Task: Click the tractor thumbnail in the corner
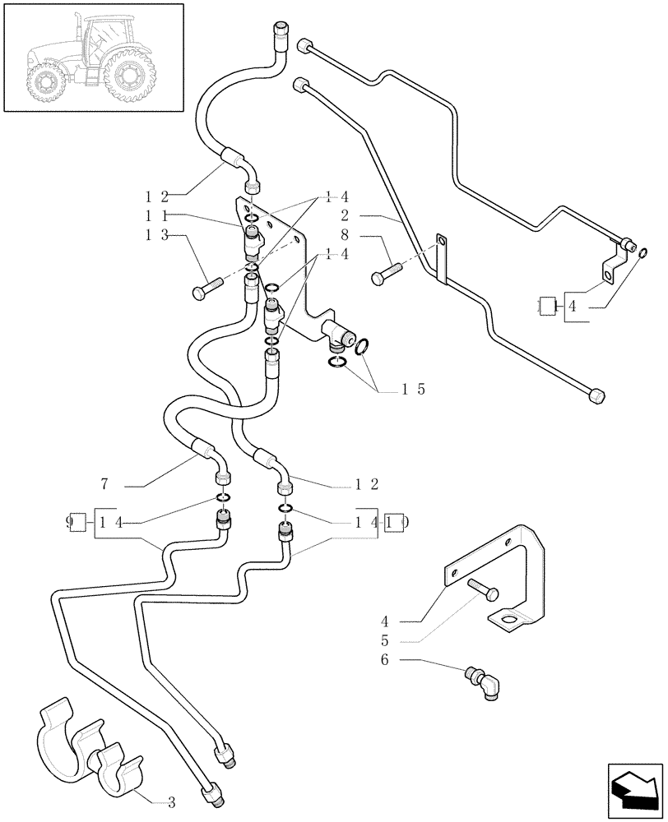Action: [x=92, y=58]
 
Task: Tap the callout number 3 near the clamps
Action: [x=170, y=801]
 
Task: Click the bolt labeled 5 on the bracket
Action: [x=481, y=589]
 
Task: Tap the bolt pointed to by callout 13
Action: [x=206, y=287]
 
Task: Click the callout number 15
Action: [x=412, y=390]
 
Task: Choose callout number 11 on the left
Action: [x=156, y=215]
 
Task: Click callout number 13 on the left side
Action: [x=156, y=235]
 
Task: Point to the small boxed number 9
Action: [x=77, y=521]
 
